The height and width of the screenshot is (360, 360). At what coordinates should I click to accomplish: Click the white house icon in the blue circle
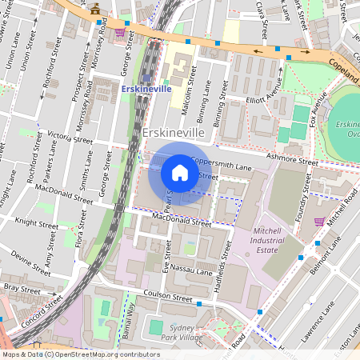180,173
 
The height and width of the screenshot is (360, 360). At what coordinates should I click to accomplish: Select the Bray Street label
20,287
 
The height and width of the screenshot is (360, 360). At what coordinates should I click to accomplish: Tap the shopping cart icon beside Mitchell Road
319,222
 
